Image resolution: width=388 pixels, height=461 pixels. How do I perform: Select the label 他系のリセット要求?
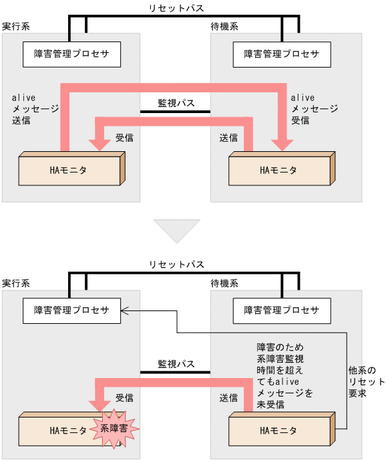click(367, 381)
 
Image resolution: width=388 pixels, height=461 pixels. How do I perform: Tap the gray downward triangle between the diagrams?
click(177, 230)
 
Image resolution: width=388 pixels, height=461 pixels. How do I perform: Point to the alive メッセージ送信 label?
click(31, 109)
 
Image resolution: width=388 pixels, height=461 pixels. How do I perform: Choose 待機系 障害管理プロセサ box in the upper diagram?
click(281, 54)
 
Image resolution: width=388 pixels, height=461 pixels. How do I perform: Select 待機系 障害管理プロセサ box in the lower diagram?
click(281, 310)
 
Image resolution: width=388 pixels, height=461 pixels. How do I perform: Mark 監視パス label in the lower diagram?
click(176, 363)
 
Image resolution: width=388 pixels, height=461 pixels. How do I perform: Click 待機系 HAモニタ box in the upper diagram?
click(278, 169)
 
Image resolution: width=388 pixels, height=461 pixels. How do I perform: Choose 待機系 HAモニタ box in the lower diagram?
click(278, 430)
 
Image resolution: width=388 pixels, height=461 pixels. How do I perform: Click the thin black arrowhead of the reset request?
click(125, 310)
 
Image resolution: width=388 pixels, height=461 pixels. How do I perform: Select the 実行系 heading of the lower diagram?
click(16, 284)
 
